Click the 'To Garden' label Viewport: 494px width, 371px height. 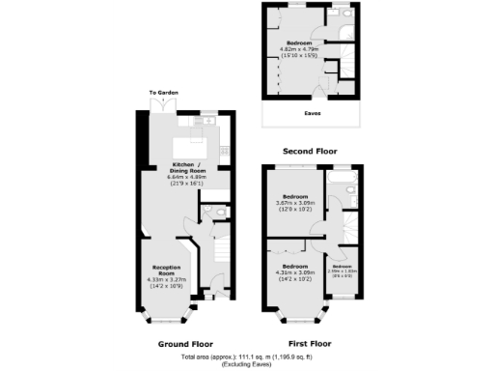164,93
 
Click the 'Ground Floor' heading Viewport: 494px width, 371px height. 184,343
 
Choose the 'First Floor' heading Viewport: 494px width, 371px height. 310,343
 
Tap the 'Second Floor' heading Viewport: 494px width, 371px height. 309,153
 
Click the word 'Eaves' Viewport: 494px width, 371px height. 313,113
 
